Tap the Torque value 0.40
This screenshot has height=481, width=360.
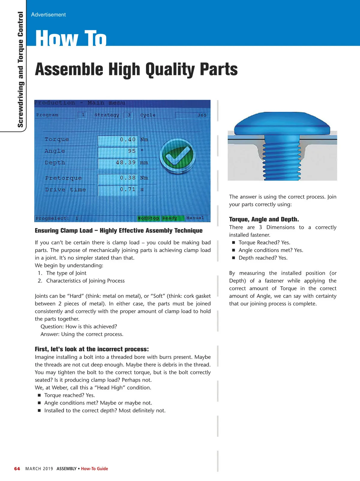(x=127, y=140)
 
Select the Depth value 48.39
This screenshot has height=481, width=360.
(x=125, y=163)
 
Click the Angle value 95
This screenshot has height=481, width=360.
(x=132, y=151)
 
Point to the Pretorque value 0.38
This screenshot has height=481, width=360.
(x=127, y=178)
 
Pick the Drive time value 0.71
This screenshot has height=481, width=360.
(x=127, y=189)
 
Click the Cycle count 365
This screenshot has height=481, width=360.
(x=202, y=115)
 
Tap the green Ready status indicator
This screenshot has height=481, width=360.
(x=170, y=218)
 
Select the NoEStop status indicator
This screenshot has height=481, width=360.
(x=148, y=218)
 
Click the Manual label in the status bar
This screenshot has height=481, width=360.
(x=195, y=218)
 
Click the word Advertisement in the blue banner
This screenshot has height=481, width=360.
(x=48, y=15)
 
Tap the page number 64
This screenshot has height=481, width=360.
(x=17, y=469)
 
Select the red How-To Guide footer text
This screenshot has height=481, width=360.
(x=94, y=469)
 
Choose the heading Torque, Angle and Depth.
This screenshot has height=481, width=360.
(x=264, y=219)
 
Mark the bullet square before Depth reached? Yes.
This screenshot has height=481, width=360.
(x=233, y=258)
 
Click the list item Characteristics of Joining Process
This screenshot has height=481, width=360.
(x=85, y=281)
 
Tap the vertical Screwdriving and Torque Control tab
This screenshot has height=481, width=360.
(x=20, y=69)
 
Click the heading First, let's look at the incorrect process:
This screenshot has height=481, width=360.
(x=92, y=349)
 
